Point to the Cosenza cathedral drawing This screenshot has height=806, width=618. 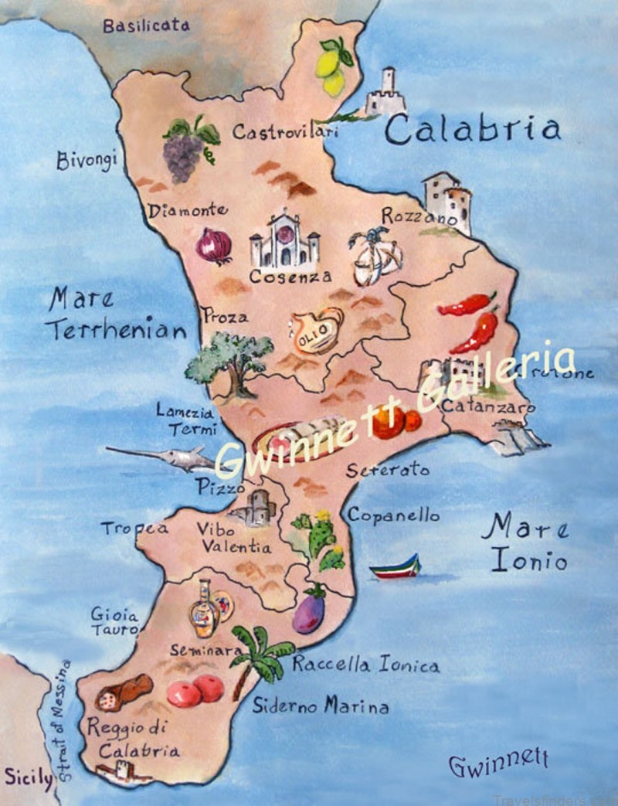pyautogui.click(x=284, y=240)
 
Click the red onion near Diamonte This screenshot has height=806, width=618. pyautogui.click(x=214, y=247)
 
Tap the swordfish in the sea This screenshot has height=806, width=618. pyautogui.click(x=162, y=457)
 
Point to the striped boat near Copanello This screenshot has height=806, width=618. pyautogui.click(x=396, y=568)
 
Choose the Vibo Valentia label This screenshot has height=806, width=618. pyautogui.click(x=236, y=538)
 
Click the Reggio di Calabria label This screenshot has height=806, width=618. pyautogui.click(x=133, y=737)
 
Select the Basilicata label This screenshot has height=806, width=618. pyautogui.click(x=146, y=25)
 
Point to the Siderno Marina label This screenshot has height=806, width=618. pyautogui.click(x=320, y=705)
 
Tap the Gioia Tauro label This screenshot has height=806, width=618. pyautogui.click(x=114, y=622)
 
